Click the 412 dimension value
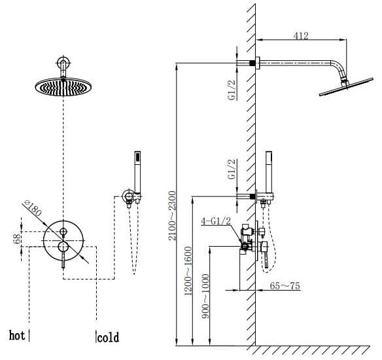tap(301, 36)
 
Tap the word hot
tap(17, 336)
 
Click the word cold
tap(108, 338)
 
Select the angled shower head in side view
tap(342, 87)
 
